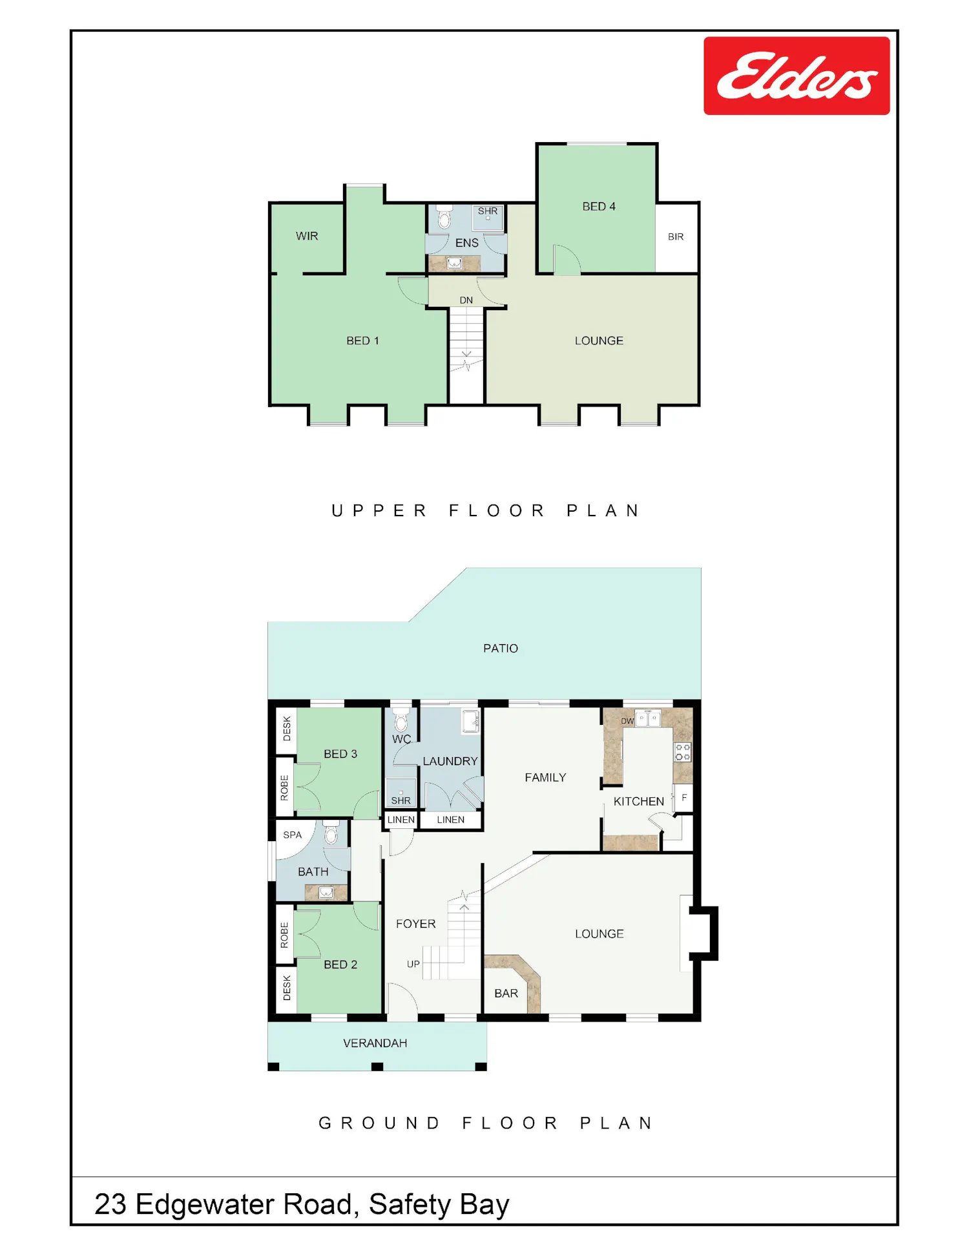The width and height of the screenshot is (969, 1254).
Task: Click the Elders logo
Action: [797, 76]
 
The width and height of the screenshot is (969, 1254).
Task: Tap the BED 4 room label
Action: [599, 207]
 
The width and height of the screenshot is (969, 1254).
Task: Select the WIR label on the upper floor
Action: [307, 236]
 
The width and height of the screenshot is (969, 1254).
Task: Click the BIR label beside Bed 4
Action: [676, 237]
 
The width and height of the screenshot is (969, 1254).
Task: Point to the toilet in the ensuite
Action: [444, 218]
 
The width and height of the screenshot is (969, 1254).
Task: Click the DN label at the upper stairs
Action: [466, 300]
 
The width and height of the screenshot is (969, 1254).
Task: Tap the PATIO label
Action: [501, 649]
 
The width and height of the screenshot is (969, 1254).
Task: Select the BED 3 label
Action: [340, 754]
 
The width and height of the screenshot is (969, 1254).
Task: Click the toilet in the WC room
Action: [401, 720]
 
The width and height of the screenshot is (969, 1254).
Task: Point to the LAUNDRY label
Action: [450, 762]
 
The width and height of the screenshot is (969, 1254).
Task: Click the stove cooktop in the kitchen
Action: [683, 752]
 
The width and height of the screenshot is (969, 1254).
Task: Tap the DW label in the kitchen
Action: [627, 721]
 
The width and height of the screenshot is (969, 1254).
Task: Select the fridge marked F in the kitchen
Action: [683, 798]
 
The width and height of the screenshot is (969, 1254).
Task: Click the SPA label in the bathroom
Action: [293, 835]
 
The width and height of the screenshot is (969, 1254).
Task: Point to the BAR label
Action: [506, 994]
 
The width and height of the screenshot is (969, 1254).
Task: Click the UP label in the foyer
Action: [413, 964]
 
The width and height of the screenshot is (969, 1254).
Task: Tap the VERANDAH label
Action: [375, 1043]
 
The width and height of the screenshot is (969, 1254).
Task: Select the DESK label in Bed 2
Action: [287, 988]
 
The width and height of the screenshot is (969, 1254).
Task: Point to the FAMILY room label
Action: [545, 778]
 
